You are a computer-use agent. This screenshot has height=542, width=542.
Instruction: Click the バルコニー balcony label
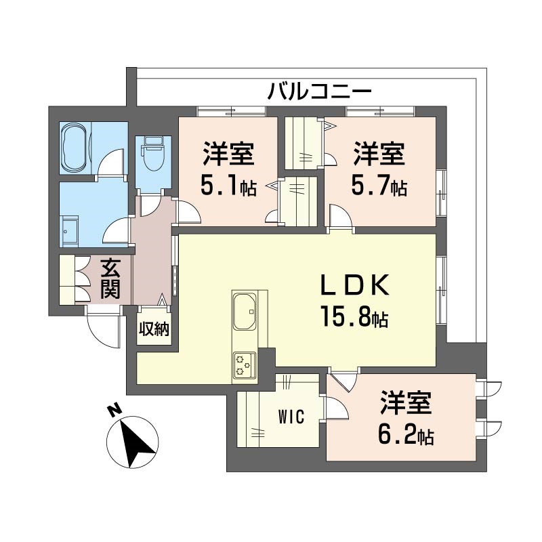tap(320, 91)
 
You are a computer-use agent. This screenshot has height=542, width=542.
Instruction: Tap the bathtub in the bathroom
tap(75, 148)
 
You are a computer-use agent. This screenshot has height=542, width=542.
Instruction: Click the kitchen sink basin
tap(245, 311)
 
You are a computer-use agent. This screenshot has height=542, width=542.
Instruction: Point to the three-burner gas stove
tap(245, 365)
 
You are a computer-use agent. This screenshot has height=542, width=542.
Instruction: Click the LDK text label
tap(355, 285)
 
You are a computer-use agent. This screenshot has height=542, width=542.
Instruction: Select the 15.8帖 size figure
tap(355, 316)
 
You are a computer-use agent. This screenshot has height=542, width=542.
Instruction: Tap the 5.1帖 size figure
tap(228, 187)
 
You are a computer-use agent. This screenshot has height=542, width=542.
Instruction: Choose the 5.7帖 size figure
tap(379, 187)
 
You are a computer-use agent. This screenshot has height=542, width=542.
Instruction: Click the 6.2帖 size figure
tap(406, 436)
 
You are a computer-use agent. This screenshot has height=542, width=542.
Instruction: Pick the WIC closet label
tap(291, 416)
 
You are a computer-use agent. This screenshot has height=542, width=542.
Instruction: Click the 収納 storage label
tap(154, 329)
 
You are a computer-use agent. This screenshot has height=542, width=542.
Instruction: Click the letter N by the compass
tap(114, 410)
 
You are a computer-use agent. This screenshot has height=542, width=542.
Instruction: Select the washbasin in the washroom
tap(70, 232)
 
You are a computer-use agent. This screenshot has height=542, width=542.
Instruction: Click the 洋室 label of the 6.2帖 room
tap(406, 402)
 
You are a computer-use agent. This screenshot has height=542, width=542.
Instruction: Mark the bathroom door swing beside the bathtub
tap(110, 163)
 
